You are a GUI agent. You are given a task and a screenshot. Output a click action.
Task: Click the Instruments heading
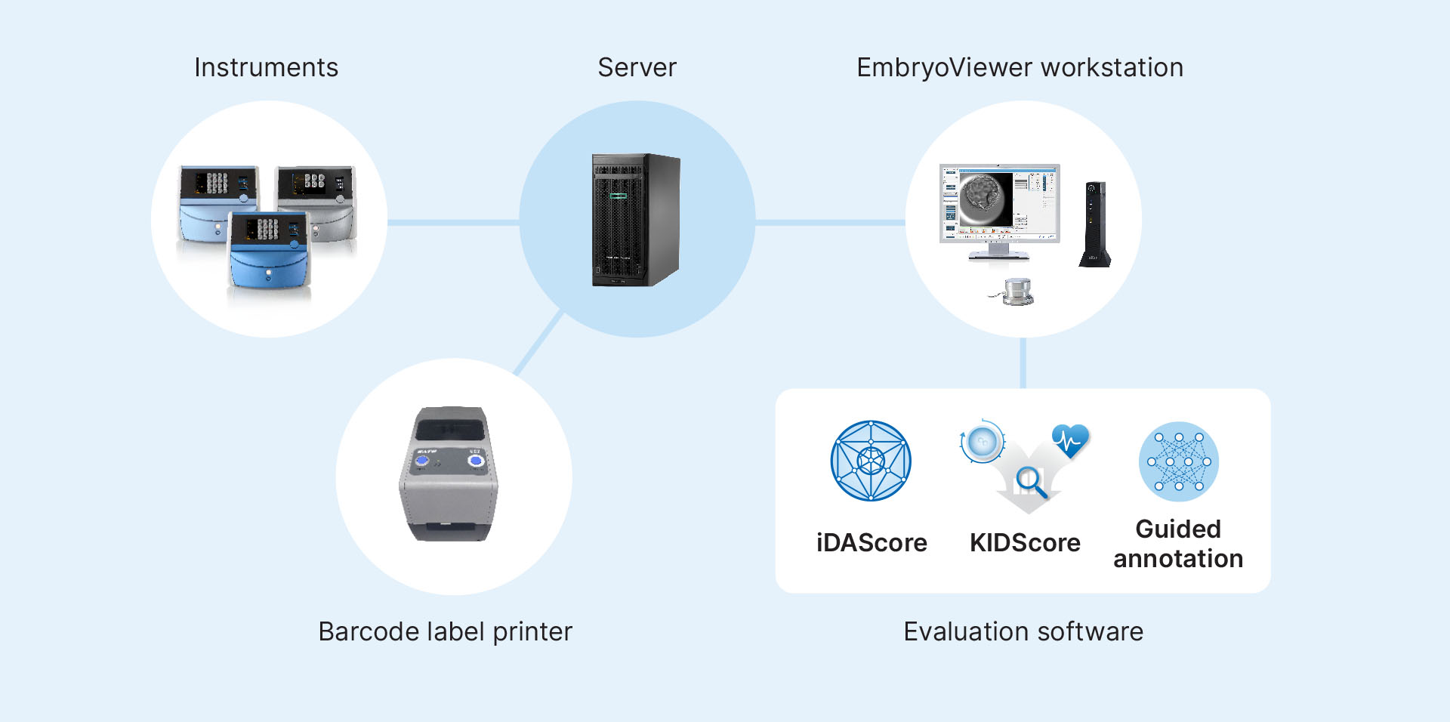point(266,68)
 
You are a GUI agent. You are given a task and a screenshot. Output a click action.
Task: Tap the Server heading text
point(637,68)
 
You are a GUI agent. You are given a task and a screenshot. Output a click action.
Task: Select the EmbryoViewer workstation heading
point(1020,68)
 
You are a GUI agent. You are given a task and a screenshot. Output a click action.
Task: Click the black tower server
point(635,220)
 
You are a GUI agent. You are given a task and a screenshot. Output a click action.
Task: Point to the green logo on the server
point(619,196)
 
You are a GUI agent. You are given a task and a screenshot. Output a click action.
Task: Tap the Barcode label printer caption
point(445,631)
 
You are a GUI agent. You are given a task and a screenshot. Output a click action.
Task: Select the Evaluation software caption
point(1023,631)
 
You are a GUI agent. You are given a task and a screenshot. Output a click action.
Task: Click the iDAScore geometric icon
point(871,461)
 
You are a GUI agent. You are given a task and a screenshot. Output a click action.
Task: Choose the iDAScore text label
point(871,543)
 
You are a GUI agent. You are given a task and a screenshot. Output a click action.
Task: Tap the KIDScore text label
point(1025,543)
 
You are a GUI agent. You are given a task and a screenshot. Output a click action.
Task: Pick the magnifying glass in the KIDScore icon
point(1029,480)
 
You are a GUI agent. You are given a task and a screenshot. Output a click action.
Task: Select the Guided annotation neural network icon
point(1178,461)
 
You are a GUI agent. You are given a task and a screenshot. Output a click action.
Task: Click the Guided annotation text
point(1178,544)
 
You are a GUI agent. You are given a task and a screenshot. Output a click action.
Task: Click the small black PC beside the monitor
point(1094,225)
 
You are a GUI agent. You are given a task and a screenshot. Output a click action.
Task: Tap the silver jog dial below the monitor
point(1017,292)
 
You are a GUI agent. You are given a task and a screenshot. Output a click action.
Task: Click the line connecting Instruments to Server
point(453,223)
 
